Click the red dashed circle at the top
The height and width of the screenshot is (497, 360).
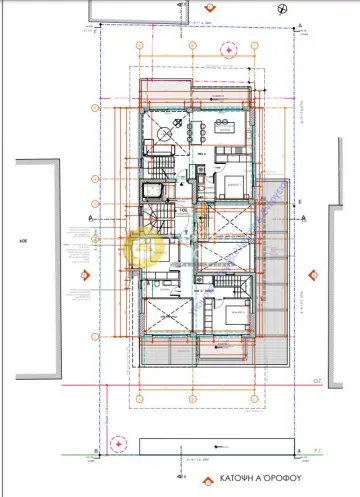click(x=229, y=48)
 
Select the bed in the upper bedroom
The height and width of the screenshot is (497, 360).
click(x=229, y=183)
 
